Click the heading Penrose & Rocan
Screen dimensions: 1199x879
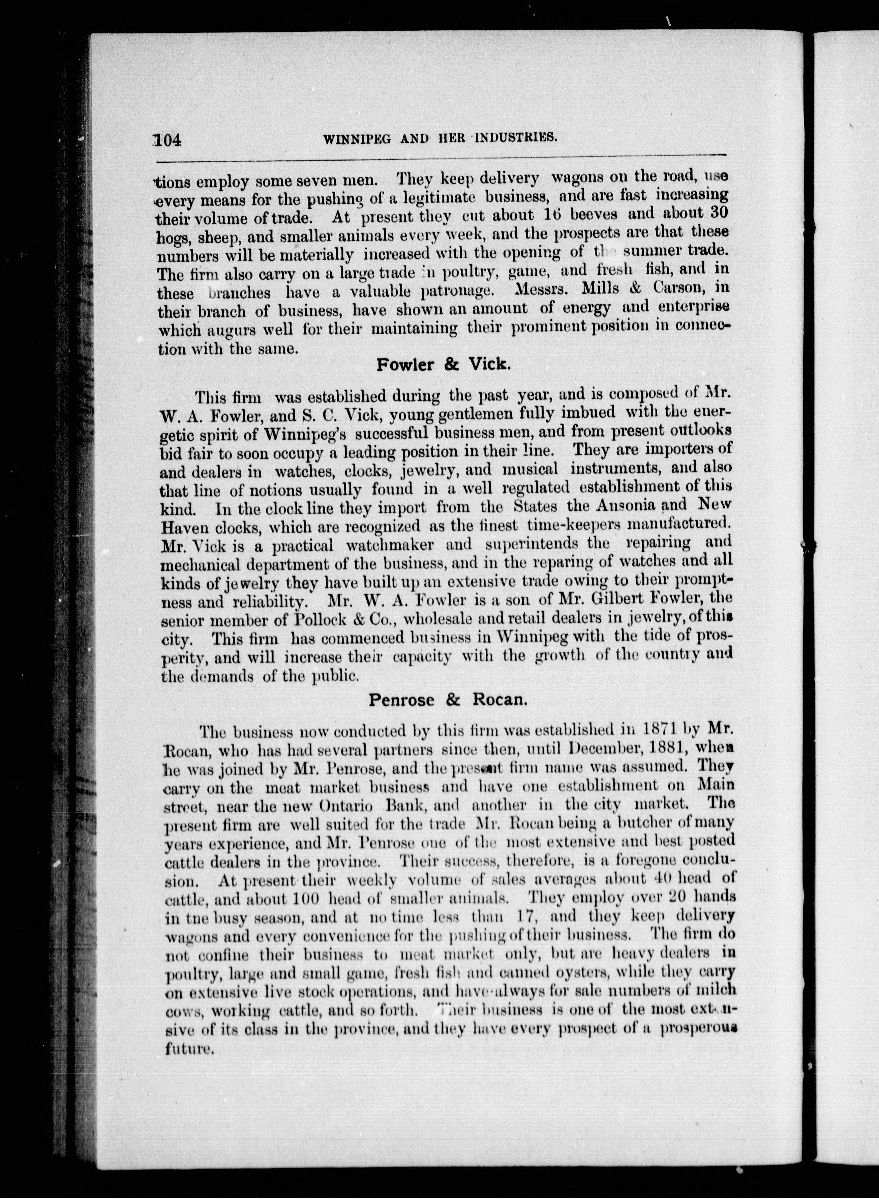coord(448,700)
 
